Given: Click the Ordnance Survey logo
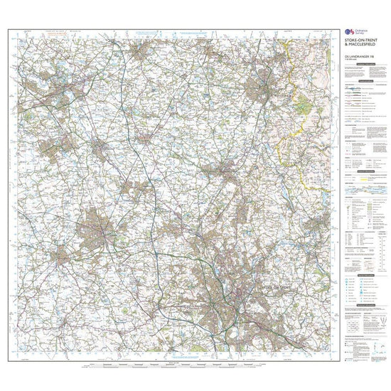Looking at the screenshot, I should (348, 33).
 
